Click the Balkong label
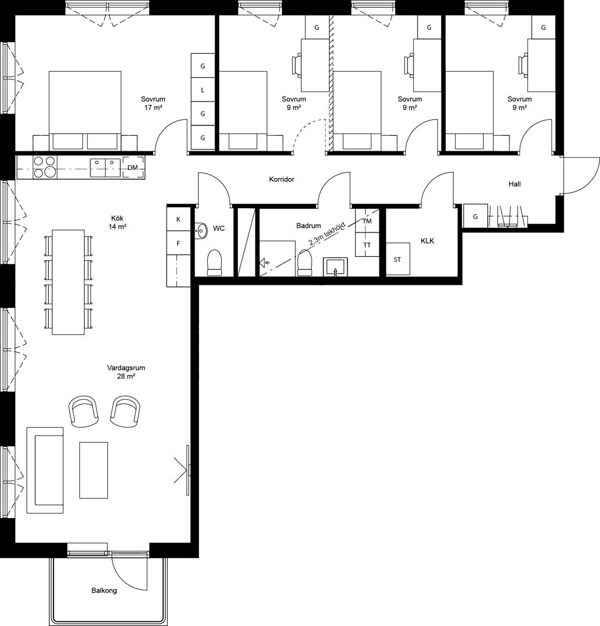tap(104, 591)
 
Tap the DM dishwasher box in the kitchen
tap(133, 168)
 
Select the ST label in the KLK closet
tap(397, 260)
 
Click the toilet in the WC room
tap(214, 263)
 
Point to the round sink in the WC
tap(201, 230)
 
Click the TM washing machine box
tap(367, 221)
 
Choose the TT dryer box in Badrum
tap(367, 245)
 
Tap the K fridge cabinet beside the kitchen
tap(178, 219)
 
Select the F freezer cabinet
tap(178, 243)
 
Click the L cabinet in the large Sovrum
tap(203, 90)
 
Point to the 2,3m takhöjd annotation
tap(327, 234)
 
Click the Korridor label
tap(281, 180)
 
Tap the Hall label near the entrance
tap(515, 184)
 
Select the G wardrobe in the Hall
tap(475, 216)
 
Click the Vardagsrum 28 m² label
tap(126, 372)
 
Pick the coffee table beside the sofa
tap(93, 470)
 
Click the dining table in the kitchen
tap(68, 282)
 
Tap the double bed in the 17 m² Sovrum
tap(85, 111)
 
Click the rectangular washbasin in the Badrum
tap(335, 267)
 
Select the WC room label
tap(219, 228)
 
